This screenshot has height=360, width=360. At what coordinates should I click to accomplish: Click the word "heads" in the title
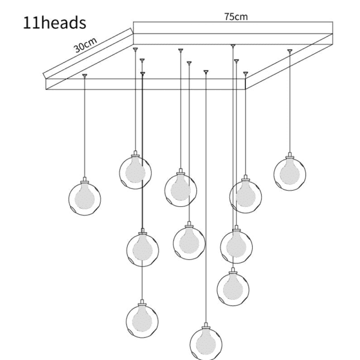pos(64,23)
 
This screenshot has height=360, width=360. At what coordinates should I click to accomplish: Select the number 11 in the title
pos(32,23)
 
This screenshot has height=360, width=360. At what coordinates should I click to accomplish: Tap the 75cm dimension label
pos(236,17)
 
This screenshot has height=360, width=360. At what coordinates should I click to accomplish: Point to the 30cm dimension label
pos(85,45)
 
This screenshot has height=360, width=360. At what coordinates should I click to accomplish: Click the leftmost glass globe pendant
pos(85,199)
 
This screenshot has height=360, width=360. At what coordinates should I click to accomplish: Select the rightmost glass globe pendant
pos(290,175)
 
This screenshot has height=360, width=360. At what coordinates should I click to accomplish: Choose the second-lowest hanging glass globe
pos(142,322)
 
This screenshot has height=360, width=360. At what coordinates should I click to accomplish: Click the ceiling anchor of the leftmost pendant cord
pos(85,76)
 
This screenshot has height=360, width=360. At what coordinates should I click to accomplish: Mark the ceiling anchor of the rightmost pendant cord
pos(290,50)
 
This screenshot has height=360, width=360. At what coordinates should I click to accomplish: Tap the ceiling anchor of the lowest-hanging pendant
pos(206,72)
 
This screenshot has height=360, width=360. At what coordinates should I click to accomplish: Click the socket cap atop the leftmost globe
pos(85,180)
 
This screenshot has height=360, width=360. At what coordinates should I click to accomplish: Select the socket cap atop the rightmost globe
pos(290,155)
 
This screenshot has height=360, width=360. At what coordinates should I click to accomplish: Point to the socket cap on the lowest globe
pos(206,326)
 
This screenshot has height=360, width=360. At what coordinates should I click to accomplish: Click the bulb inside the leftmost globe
pos(85,197)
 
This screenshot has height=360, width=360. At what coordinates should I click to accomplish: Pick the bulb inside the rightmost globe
pos(290,172)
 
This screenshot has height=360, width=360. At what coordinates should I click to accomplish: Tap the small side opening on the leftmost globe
pos(73,209)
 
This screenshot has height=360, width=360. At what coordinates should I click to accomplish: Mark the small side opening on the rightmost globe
pos(278,185)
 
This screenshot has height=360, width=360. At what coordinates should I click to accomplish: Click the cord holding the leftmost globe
pos(85,127)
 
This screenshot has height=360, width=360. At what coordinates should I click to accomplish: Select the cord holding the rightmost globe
pos(290,103)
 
